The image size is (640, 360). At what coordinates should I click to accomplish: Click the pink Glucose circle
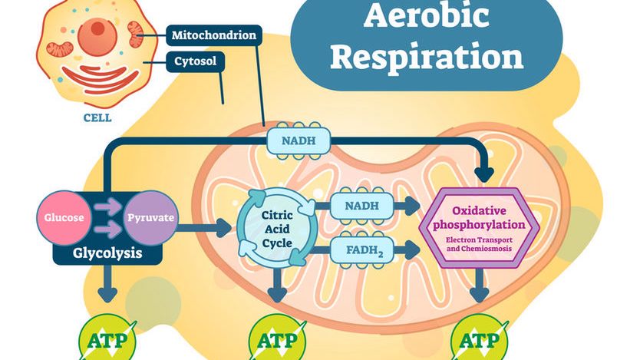(x=65, y=218)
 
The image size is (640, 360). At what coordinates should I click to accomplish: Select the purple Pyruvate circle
(x=150, y=218)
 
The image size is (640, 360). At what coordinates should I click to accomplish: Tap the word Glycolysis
(x=108, y=252)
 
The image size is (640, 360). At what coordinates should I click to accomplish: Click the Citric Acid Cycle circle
(x=276, y=219)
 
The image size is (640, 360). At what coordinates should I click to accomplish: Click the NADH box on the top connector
(x=299, y=140)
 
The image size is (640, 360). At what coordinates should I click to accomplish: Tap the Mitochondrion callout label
(x=214, y=35)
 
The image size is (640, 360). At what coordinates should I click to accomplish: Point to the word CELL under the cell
(x=97, y=118)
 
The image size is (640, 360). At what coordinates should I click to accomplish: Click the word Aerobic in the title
(x=427, y=17)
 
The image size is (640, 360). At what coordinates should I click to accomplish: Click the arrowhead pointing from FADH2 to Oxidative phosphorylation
(x=413, y=248)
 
